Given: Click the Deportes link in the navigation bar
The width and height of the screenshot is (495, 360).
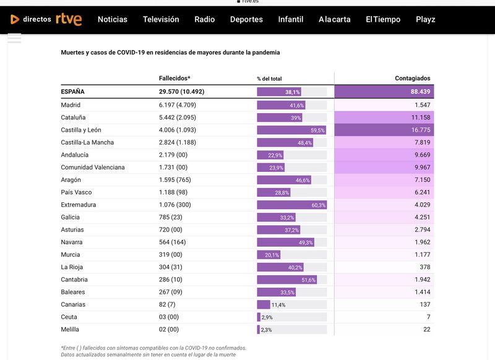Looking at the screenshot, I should (x=246, y=19).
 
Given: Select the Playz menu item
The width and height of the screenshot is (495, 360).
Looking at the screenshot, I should (x=426, y=19).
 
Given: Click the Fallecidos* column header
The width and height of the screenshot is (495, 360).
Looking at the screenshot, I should (x=174, y=79).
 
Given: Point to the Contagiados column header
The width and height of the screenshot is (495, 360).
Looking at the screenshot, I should (x=413, y=79).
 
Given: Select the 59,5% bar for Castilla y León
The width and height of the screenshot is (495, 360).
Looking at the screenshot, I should (x=291, y=130).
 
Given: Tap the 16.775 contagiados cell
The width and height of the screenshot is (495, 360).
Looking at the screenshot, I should (x=415, y=130).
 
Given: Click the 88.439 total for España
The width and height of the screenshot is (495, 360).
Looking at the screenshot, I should (x=415, y=92).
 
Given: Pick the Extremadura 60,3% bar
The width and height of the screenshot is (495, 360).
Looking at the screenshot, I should (x=292, y=205).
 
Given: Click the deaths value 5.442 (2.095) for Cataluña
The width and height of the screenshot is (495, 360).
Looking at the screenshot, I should (x=178, y=118).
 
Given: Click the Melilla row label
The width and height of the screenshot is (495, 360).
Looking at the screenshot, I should (x=70, y=330).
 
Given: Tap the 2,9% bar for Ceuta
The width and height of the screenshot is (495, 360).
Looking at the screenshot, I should (x=259, y=317).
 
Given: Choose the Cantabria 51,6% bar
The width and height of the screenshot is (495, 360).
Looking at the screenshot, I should (x=287, y=280).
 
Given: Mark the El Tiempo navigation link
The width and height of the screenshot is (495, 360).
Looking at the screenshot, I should (x=383, y=19).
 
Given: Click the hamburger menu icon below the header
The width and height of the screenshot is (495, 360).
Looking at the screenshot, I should (x=14, y=38).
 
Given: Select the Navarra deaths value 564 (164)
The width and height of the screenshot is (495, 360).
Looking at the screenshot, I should (x=174, y=242).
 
